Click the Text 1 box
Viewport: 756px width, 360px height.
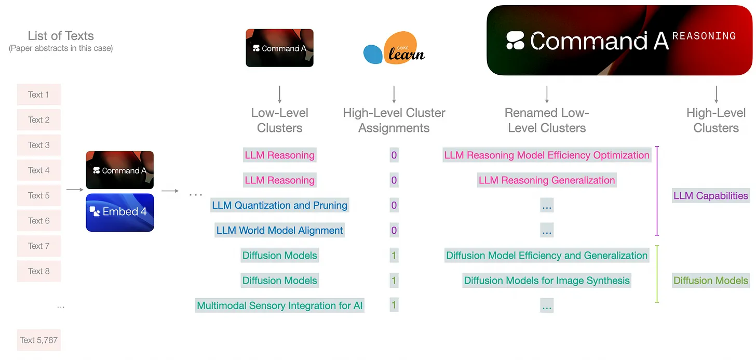[x=39, y=95]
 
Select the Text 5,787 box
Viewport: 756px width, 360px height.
[x=39, y=340]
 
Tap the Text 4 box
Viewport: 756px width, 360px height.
[x=39, y=170]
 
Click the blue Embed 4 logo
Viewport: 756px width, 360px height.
[x=120, y=212]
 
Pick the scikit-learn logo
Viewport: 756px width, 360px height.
[x=394, y=49]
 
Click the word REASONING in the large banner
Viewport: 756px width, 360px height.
[x=704, y=36]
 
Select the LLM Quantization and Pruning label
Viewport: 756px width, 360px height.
[x=279, y=205]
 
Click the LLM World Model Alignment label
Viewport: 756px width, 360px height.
[x=279, y=230]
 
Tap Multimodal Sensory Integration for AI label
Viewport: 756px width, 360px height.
[x=279, y=305]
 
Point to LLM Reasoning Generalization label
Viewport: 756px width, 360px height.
[x=547, y=180]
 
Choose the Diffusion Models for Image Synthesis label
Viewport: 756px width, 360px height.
[x=547, y=281]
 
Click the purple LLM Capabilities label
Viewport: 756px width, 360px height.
[x=710, y=196]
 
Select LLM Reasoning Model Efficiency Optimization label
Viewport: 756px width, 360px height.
[x=547, y=155]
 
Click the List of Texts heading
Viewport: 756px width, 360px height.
[x=61, y=36]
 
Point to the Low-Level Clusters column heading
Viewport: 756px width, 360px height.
[x=279, y=120]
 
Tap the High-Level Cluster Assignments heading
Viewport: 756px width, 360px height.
[x=394, y=120]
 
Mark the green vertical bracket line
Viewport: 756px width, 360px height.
[x=657, y=274]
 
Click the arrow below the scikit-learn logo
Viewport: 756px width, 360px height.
[x=394, y=94]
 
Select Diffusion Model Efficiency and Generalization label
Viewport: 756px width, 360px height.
[x=547, y=256]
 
